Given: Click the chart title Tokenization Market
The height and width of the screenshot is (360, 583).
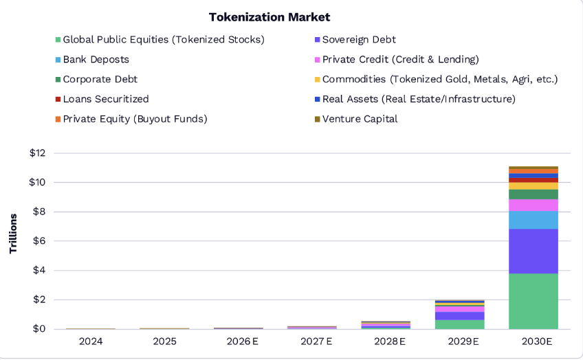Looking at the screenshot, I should [269, 16].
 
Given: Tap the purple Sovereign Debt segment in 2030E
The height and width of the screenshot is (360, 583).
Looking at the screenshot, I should [533, 251].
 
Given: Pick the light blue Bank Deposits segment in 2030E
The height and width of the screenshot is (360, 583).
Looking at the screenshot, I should [533, 220].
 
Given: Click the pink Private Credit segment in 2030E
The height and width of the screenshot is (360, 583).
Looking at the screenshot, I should [533, 205].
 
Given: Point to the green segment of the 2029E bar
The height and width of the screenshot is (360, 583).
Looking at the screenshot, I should [459, 324].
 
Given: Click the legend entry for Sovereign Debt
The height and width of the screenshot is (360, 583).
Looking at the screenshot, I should [358, 40].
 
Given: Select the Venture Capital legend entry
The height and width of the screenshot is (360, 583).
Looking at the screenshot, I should [359, 119].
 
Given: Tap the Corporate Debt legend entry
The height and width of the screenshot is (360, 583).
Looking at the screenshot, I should [100, 79].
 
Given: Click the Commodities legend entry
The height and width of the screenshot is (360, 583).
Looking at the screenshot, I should [439, 79].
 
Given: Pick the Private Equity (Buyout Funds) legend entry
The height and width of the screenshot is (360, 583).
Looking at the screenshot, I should [135, 119].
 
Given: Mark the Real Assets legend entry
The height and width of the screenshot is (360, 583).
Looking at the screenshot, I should [418, 99].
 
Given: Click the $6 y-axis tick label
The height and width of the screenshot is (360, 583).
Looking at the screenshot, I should [39, 241].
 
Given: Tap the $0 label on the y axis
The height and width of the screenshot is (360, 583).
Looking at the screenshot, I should [39, 329].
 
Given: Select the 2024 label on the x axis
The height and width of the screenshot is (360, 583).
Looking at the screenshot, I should [91, 341].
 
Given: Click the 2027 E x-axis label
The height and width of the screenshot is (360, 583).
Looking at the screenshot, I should [311, 341].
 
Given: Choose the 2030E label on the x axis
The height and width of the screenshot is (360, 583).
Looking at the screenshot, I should [533, 341].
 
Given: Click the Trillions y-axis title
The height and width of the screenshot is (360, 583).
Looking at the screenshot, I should [14, 234].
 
